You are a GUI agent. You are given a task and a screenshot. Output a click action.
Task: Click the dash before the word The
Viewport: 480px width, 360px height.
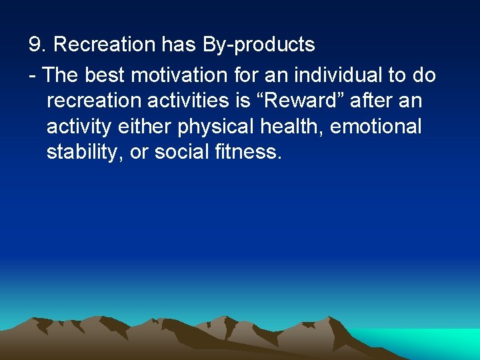(x=32, y=75)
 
